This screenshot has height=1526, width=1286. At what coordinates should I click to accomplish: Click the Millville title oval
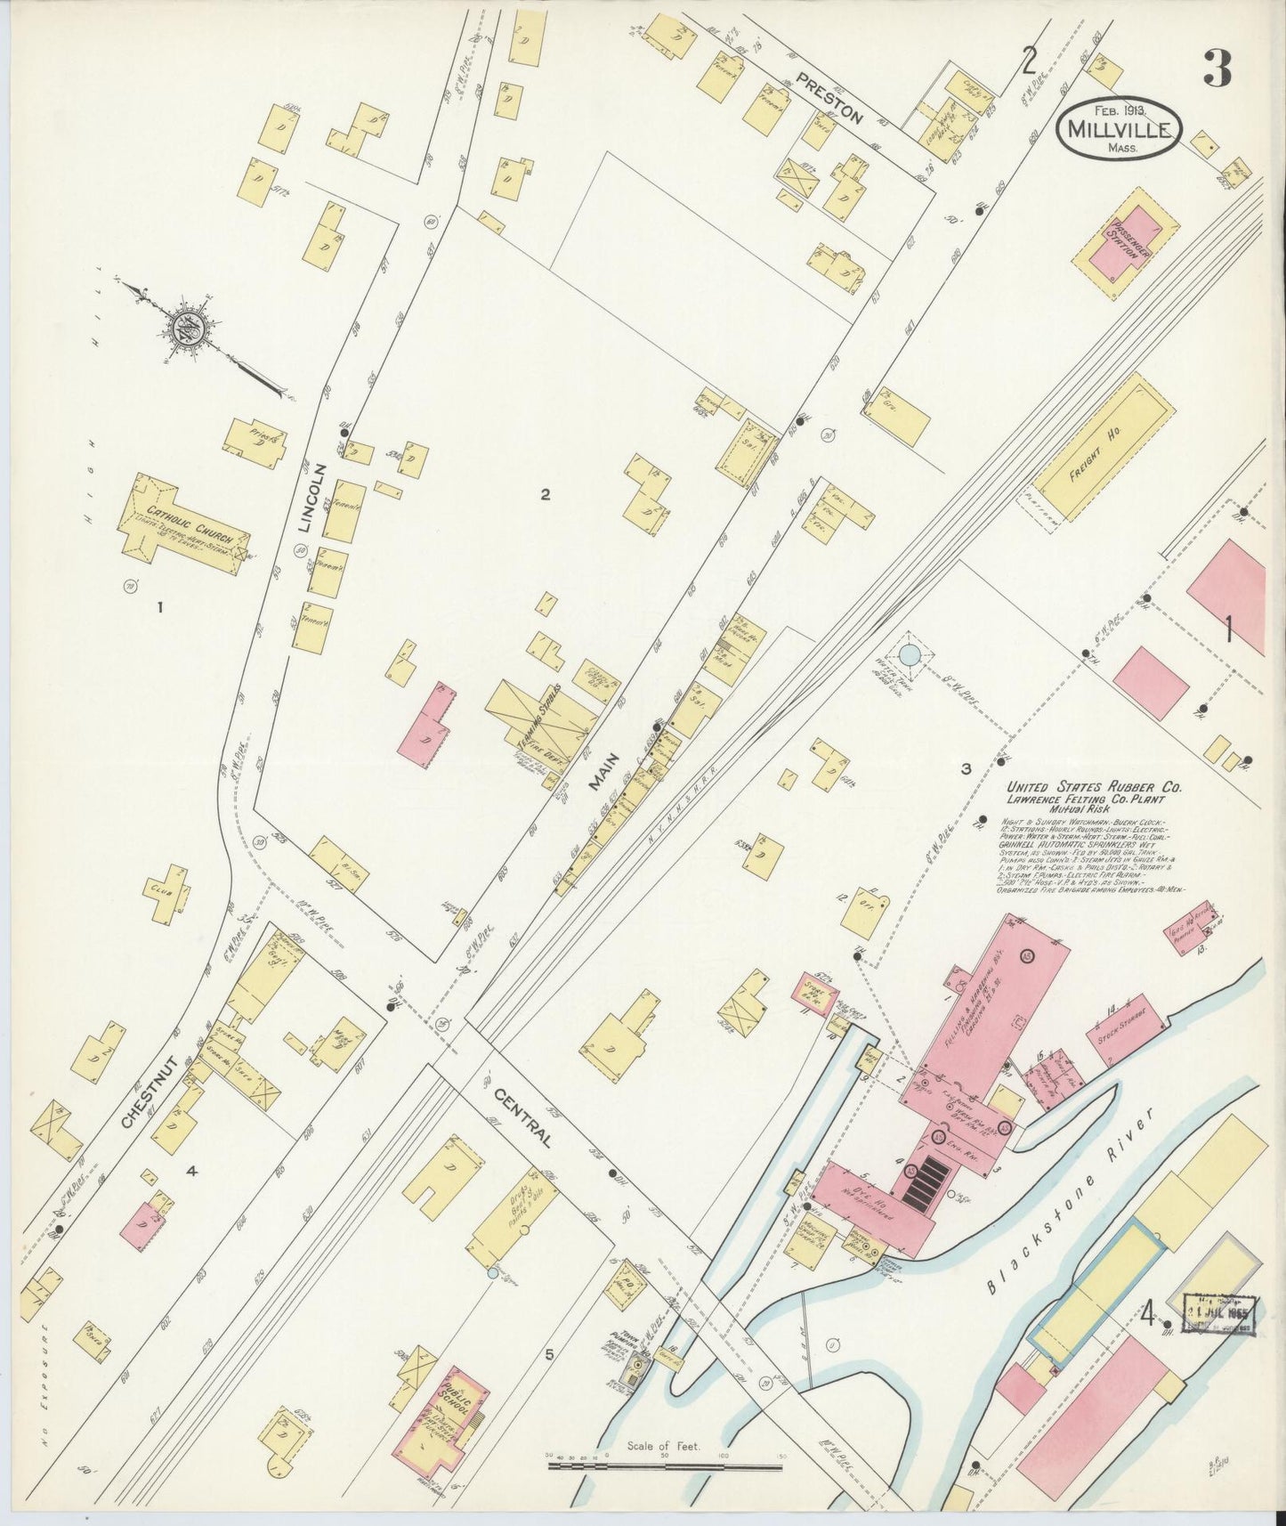pos(1119,131)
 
